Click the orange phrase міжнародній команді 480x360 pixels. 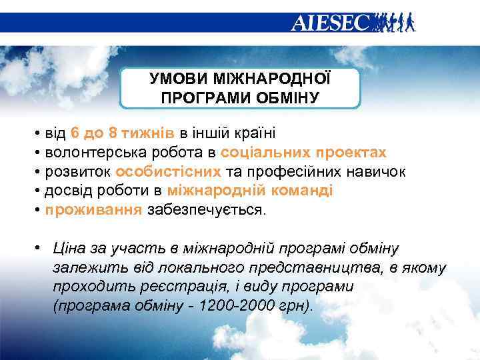click(250, 191)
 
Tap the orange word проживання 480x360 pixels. click(93, 211)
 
